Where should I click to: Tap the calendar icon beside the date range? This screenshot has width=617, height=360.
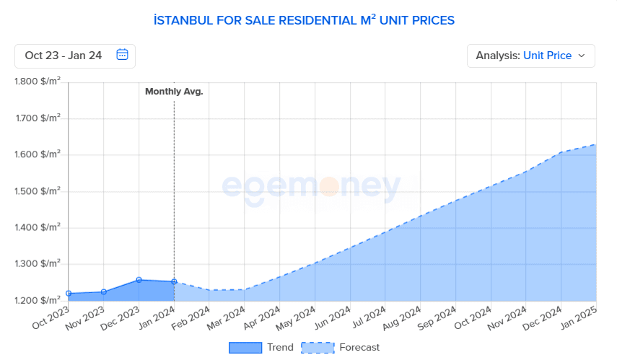[x=122, y=55]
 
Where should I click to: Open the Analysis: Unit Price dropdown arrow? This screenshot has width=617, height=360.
[x=582, y=56]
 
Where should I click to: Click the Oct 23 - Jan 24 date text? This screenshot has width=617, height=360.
[x=64, y=56]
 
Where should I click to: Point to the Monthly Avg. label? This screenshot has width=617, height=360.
[x=174, y=92]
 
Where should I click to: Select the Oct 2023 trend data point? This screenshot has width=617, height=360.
[x=69, y=294]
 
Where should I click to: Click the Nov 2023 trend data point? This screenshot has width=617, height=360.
[x=104, y=292]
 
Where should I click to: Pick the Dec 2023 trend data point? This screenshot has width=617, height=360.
[x=139, y=280]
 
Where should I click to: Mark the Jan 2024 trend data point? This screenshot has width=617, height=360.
[x=174, y=282]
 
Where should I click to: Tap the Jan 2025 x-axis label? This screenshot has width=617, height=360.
[x=579, y=318]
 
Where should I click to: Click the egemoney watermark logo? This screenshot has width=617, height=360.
[x=311, y=188]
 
